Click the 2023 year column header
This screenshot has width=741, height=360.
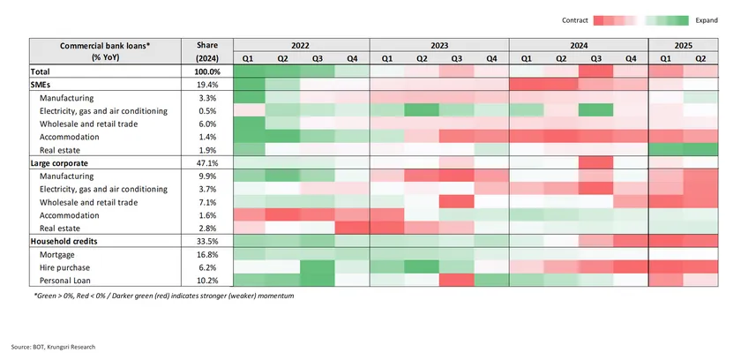click(438, 45)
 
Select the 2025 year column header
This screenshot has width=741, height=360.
click(684, 45)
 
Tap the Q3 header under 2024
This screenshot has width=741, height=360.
click(595, 58)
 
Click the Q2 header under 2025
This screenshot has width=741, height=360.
click(701, 58)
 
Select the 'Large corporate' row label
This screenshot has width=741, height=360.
click(61, 163)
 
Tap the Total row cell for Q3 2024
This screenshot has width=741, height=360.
click(595, 71)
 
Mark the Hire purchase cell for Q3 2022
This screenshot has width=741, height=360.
click(318, 266)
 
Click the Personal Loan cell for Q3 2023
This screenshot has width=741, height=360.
click(456, 280)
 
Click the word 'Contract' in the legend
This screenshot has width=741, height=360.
click(575, 19)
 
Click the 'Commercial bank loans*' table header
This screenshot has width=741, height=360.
click(104, 45)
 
